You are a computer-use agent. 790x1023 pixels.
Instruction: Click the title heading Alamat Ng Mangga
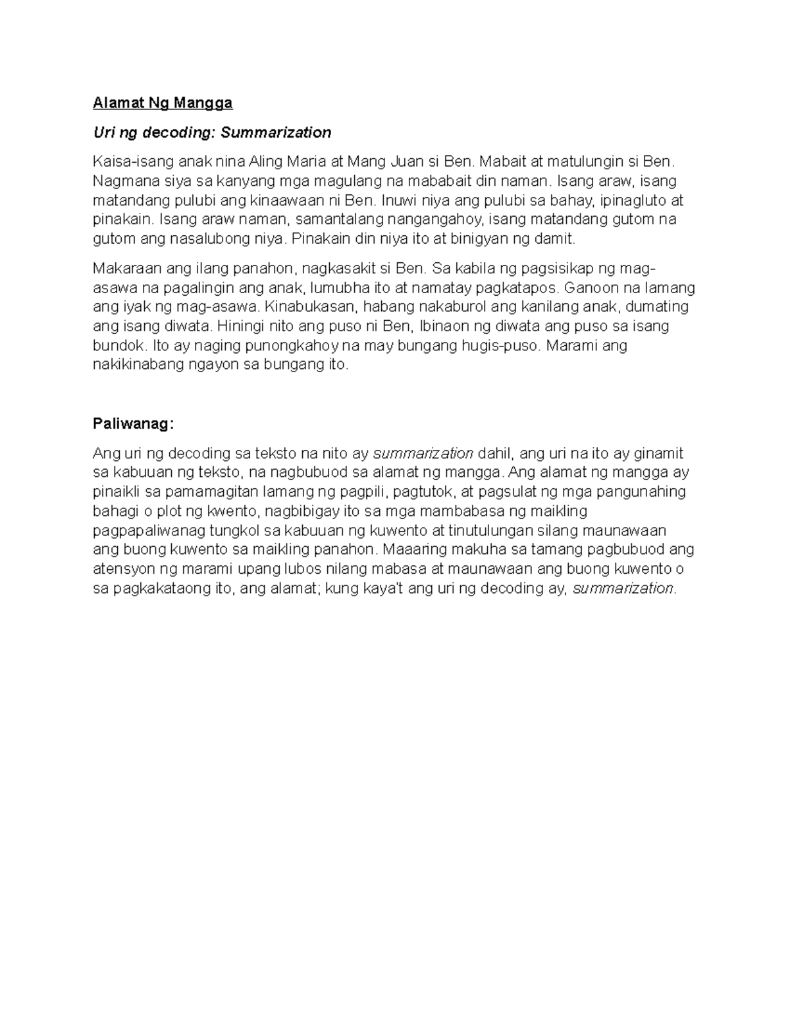[163, 103]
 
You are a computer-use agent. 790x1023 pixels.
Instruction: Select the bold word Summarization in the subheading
[276, 132]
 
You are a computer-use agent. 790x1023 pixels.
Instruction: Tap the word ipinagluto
[635, 200]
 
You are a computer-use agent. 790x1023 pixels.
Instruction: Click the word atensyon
[120, 568]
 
